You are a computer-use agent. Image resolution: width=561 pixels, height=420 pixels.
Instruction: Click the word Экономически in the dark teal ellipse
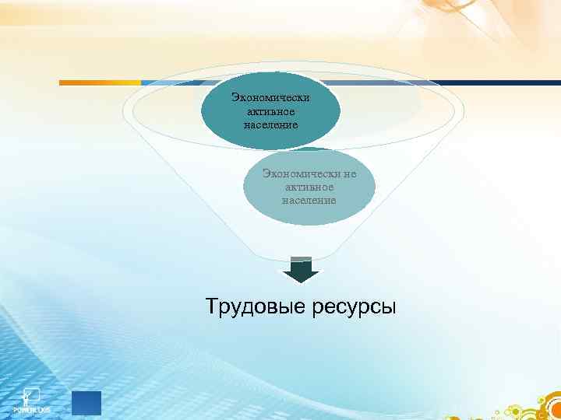click(270, 98)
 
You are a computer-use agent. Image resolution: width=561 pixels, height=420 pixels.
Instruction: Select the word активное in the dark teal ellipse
click(270, 111)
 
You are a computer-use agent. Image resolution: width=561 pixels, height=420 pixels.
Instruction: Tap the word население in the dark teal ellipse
click(270, 124)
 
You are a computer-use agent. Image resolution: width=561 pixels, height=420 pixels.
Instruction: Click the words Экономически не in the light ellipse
click(309, 174)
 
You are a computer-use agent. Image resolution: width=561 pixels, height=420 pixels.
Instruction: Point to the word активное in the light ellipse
click(309, 187)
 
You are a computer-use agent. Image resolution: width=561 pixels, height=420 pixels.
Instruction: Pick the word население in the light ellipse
click(309, 200)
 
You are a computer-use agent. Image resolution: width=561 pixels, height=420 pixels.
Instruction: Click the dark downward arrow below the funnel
click(300, 270)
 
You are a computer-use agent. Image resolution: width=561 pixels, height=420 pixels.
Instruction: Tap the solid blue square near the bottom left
click(86, 404)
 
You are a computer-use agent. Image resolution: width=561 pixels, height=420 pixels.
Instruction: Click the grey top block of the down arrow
click(300, 259)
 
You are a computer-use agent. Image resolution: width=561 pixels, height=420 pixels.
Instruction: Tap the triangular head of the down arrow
click(300, 275)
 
